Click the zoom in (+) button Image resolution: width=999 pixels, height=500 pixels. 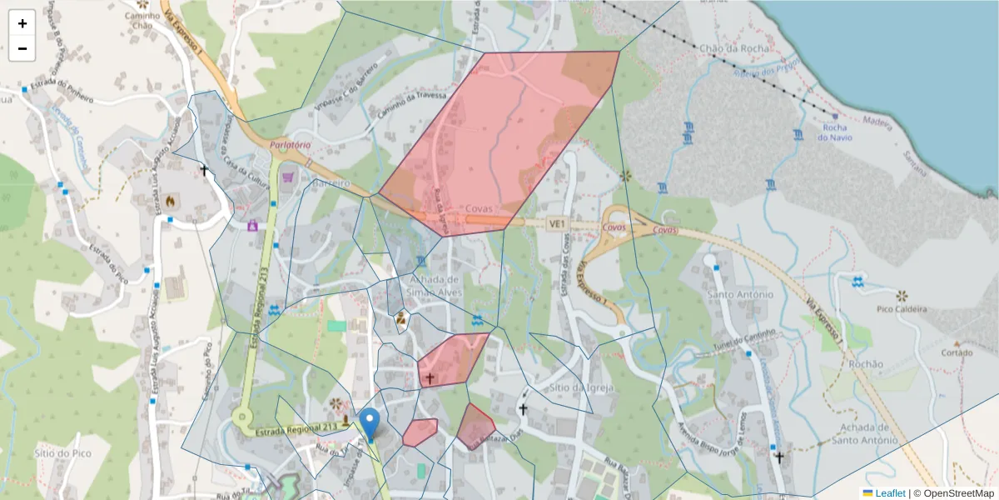pyautogui.click(x=22, y=23)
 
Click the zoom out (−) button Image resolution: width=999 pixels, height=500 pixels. pyautogui.click(x=22, y=48)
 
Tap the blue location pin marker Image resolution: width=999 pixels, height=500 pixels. pyautogui.click(x=370, y=423)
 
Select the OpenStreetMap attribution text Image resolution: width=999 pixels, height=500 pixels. pyautogui.click(x=953, y=493)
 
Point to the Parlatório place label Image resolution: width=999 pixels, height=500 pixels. pyautogui.click(x=290, y=145)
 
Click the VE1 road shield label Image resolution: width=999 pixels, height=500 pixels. pyautogui.click(x=556, y=223)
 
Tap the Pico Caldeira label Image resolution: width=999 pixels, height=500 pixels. pyautogui.click(x=901, y=309)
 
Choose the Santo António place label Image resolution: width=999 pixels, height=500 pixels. pyautogui.click(x=739, y=294)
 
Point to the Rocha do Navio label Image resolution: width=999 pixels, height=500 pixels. pyautogui.click(x=835, y=132)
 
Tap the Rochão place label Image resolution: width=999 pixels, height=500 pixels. pyautogui.click(x=866, y=364)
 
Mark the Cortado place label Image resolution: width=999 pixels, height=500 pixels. pyautogui.click(x=957, y=352)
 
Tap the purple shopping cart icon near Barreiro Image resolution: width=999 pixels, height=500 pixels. pyautogui.click(x=288, y=177)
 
